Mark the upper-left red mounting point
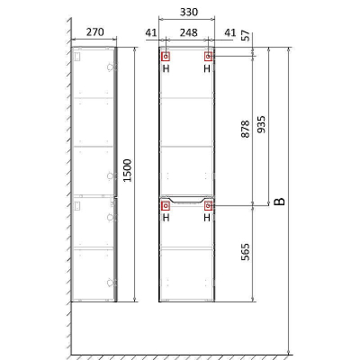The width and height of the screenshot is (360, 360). click(x=166, y=57)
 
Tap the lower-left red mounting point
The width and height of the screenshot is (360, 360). click(x=166, y=206)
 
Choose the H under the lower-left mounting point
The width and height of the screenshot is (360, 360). click(x=166, y=218)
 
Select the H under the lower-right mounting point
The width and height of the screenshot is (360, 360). click(x=208, y=218)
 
